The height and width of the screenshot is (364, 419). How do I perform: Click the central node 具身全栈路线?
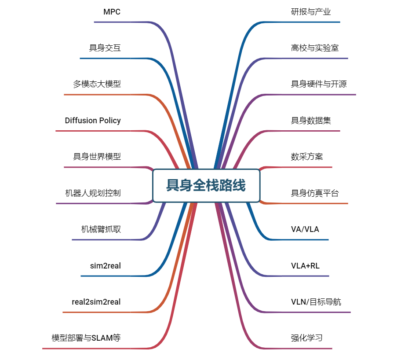tap(206, 185)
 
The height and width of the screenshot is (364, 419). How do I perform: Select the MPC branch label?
tap(112, 12)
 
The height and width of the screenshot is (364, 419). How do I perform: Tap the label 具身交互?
tap(105, 48)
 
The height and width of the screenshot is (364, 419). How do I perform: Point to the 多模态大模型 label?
tap(97, 84)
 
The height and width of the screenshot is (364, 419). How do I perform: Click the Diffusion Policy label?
tap(93, 121)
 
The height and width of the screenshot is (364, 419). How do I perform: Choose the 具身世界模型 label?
tap(97, 156)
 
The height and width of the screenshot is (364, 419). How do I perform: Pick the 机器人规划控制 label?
tap(93, 193)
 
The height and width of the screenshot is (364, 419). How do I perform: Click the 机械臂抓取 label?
tap(101, 229)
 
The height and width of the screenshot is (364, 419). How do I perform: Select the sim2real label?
tap(105, 265)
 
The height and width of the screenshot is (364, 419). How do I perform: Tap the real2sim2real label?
tap(96, 302)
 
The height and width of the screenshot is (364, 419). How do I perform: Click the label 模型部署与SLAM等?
tap(86, 338)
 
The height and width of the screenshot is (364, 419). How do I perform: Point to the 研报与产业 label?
tap(311, 12)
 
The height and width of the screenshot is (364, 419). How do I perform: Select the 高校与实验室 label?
tap(315, 48)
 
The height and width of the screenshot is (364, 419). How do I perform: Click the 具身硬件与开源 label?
tap(319, 84)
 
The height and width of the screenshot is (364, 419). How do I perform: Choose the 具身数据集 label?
tap(311, 121)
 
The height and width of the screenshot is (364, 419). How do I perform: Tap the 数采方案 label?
tap(307, 156)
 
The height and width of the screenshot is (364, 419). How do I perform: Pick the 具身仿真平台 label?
tap(315, 193)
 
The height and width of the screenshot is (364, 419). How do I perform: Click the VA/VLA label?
tap(305, 229)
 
